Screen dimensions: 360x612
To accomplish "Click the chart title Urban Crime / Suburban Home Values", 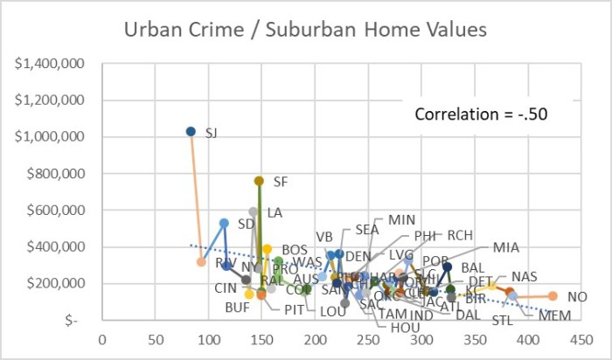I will [304, 30].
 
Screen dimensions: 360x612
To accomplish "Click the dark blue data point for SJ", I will [191, 132].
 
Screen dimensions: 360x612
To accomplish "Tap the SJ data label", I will [212, 133].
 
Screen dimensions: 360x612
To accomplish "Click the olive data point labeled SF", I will [259, 181].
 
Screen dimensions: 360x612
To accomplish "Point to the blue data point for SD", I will [224, 224].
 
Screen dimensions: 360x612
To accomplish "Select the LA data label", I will [275, 212].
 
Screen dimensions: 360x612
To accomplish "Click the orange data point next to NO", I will [553, 296].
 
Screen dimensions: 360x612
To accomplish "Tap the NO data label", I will [577, 297].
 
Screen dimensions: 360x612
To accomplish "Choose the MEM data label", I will [554, 315].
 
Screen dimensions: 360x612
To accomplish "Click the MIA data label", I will [505, 247].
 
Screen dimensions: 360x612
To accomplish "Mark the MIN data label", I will [402, 219].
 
